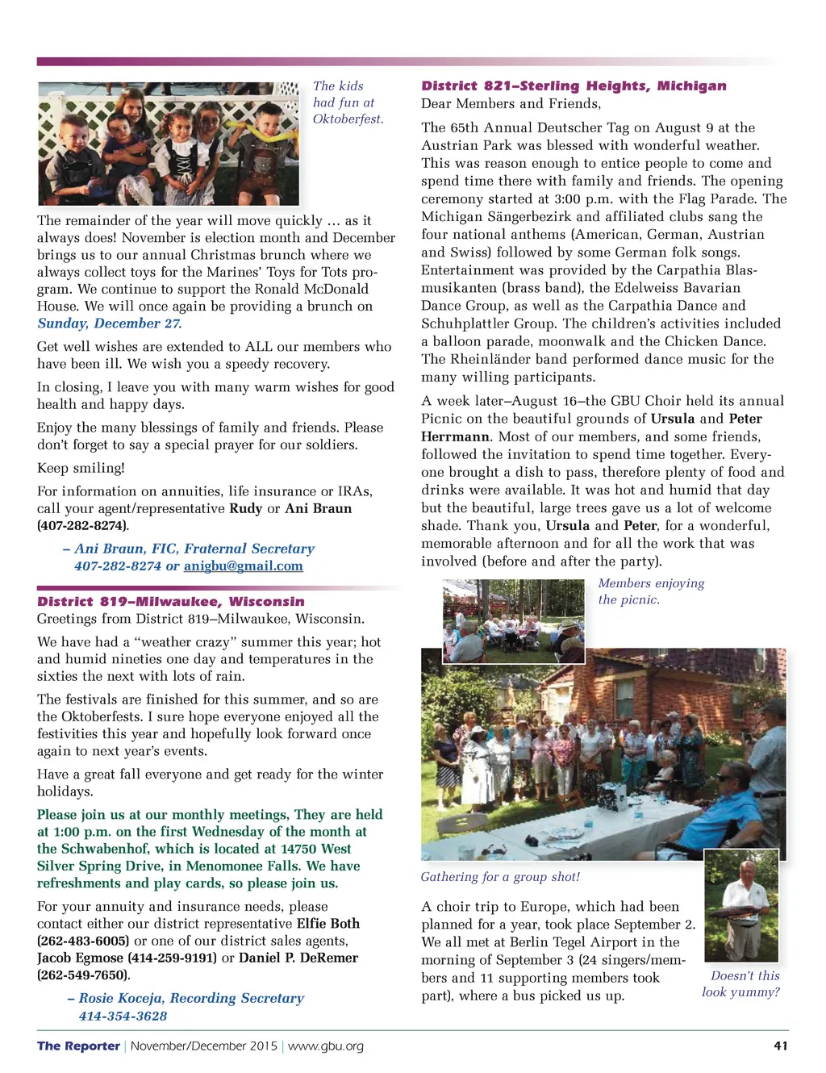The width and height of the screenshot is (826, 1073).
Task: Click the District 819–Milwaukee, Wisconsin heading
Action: (170, 602)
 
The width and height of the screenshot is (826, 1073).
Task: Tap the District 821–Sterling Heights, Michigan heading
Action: (574, 86)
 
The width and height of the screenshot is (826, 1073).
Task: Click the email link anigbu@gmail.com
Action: (243, 566)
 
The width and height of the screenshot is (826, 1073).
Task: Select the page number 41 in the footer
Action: (780, 1046)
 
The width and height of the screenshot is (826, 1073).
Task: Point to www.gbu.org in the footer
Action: (325, 1046)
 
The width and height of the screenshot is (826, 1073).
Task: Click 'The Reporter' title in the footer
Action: (78, 1046)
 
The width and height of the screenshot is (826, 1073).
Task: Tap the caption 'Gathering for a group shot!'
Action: (500, 877)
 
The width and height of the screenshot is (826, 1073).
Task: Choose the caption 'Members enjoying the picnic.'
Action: (650, 591)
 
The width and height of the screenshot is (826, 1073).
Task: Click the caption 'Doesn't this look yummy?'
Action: (740, 983)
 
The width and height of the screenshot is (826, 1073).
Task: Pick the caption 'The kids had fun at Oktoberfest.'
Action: (348, 102)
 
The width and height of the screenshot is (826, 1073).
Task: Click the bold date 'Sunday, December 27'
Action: (109, 324)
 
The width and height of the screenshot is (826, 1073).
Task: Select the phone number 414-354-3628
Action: (123, 1017)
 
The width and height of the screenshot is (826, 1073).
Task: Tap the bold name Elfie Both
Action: (327, 924)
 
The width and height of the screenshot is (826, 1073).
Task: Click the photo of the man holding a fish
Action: (741, 904)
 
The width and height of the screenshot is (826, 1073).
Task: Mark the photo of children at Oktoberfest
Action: (169, 144)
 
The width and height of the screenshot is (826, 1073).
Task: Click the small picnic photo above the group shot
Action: (513, 621)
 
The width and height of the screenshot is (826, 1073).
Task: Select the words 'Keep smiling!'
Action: (81, 468)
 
